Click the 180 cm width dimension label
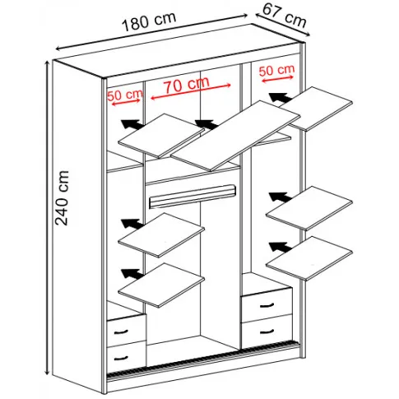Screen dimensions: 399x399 tap(149, 21)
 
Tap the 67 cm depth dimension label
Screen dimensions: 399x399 tap(285, 16)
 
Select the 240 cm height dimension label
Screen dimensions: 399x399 tap(62, 198)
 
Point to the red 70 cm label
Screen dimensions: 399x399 tap(187, 84)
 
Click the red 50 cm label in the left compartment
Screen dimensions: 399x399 tap(125, 95)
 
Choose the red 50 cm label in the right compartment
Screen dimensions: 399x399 tap(276, 70)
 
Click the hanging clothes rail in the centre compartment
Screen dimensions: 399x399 tap(193, 196)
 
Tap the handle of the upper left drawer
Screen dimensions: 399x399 tap(121, 332)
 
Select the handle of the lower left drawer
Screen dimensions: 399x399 tap(121, 358)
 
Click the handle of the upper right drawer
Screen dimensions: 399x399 tap(267, 305)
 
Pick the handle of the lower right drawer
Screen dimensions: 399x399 tap(267, 332)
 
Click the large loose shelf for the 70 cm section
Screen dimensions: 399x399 tap(236, 136)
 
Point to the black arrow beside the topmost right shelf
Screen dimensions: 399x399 tap(281, 98)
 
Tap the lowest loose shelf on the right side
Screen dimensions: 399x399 tap(309, 258)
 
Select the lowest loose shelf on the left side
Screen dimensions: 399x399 tap(161, 285)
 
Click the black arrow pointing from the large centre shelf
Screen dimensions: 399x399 tap(206, 125)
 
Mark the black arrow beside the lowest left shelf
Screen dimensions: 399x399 tap(132, 274)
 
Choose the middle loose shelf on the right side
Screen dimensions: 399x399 tap(309, 208)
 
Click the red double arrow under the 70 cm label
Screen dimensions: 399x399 tap(191, 91)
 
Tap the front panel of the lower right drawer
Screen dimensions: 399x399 tap(267, 332)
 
